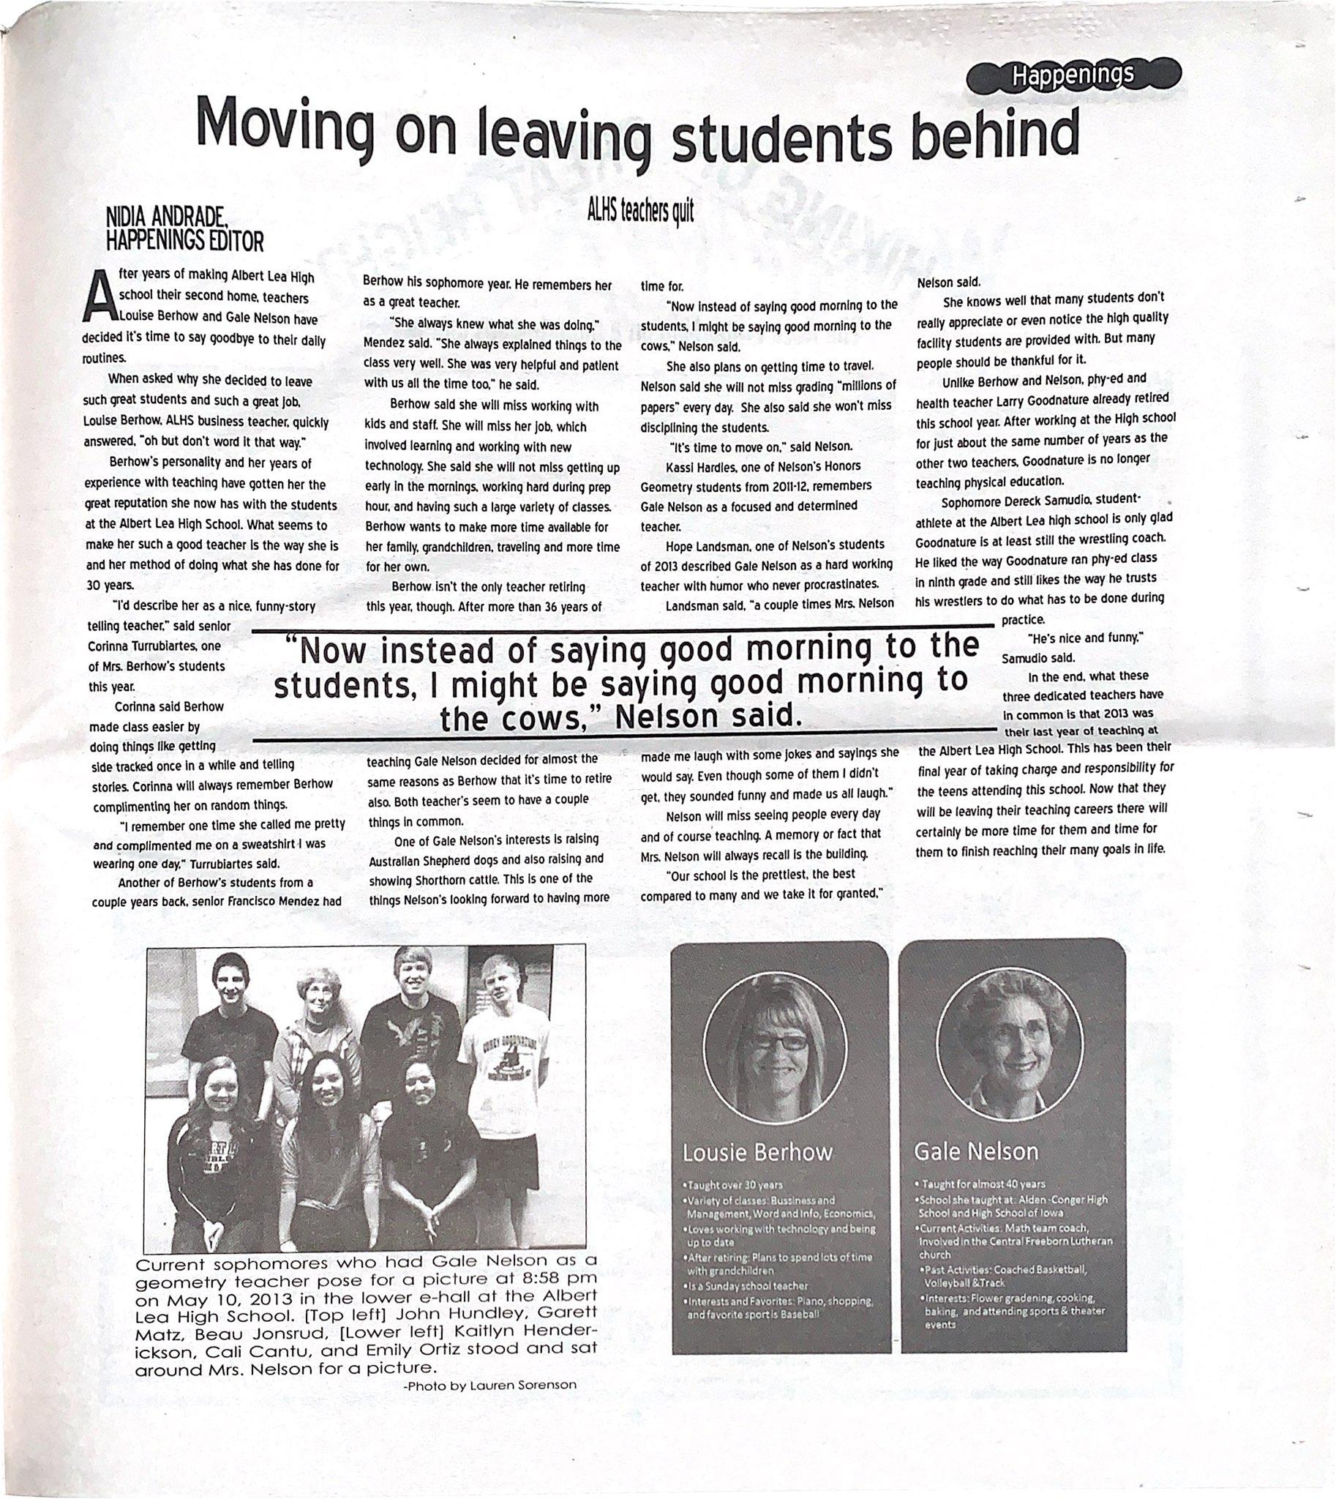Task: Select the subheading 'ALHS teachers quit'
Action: click(639, 211)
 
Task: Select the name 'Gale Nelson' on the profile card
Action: click(975, 1150)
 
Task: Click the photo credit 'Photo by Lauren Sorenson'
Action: click(489, 1384)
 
